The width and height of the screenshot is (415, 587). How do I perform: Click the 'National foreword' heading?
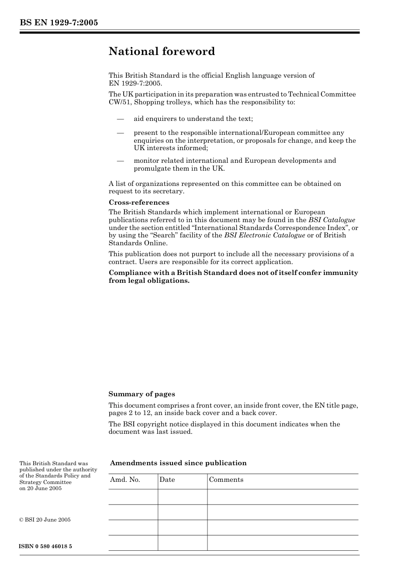(x=162, y=51)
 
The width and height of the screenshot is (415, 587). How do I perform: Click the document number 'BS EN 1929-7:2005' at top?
(x=59, y=23)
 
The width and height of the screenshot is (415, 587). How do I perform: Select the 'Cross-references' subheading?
(x=139, y=203)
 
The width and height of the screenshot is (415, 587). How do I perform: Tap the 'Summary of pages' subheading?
(x=142, y=394)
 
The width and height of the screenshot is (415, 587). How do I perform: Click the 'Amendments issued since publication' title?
(x=178, y=463)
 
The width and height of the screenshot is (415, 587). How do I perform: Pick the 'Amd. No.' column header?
(x=125, y=480)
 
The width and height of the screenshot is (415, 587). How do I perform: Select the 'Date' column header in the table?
(x=167, y=480)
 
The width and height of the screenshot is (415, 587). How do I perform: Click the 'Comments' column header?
(x=226, y=480)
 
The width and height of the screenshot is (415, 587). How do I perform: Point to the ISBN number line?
(x=46, y=546)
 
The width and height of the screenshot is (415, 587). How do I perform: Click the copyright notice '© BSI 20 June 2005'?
(x=45, y=520)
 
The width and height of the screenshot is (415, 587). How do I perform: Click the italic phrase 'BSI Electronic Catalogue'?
(x=265, y=235)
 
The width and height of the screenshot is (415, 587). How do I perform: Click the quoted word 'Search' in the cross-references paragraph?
(x=163, y=235)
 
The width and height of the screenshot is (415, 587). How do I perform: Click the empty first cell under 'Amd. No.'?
(x=133, y=497)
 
